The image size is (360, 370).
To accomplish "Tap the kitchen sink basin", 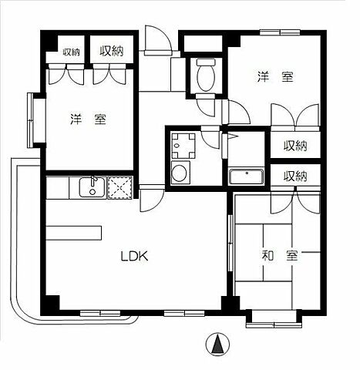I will (x=88, y=187).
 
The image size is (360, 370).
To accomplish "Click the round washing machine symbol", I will (x=180, y=173).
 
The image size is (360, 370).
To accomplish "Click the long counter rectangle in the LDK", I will (x=73, y=232).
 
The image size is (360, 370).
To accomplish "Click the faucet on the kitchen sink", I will (x=93, y=183).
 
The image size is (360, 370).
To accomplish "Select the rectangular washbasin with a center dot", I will (x=246, y=175).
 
